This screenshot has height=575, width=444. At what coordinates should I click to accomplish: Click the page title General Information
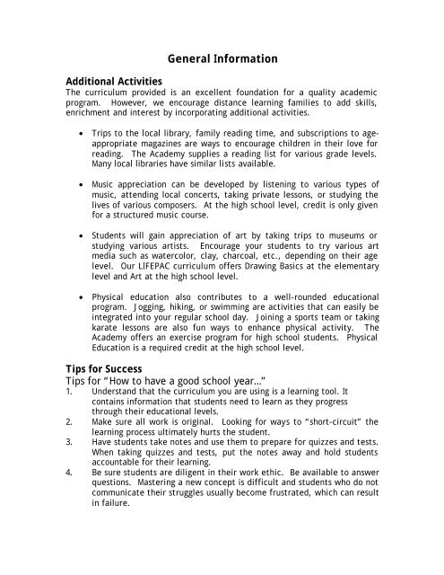[222, 59]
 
